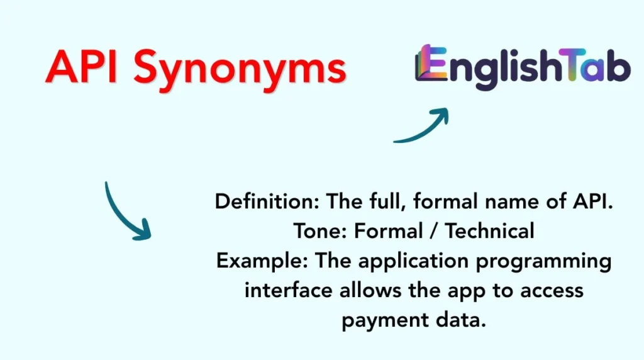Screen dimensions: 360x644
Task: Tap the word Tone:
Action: point(320,231)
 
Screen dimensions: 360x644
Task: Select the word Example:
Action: point(262,261)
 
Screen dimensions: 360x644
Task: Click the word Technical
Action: point(490,231)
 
